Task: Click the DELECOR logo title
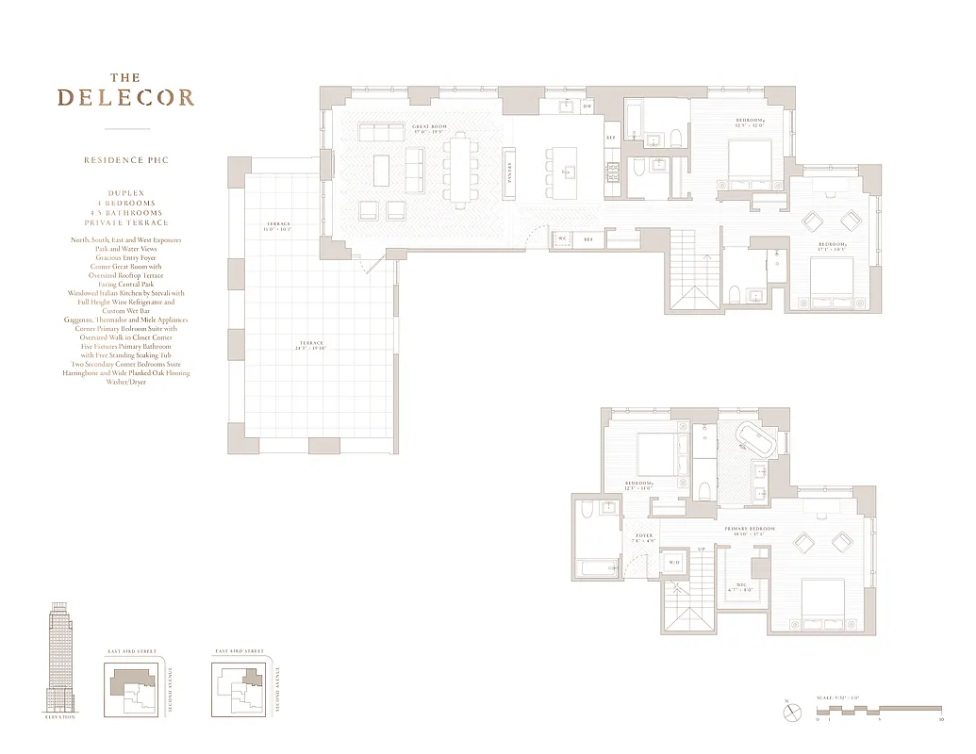click(125, 97)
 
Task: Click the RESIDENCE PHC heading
click(125, 160)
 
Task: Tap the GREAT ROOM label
click(429, 129)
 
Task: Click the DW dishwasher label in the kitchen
click(587, 107)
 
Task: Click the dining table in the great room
click(461, 171)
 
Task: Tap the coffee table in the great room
click(381, 171)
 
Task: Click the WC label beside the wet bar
click(562, 239)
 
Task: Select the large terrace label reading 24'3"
click(309, 346)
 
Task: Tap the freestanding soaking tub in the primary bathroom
click(753, 438)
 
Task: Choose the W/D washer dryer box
click(674, 563)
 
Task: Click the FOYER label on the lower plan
click(643, 537)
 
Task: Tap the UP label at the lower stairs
click(700, 549)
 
